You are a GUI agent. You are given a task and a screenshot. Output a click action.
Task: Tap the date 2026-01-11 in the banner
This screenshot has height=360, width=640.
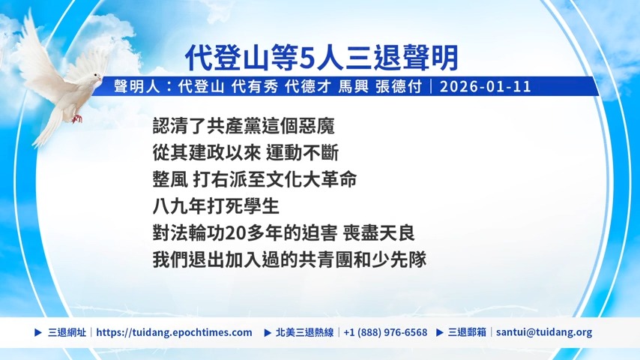click(486, 87)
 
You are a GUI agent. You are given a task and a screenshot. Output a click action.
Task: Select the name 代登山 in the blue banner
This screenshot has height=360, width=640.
click(202, 87)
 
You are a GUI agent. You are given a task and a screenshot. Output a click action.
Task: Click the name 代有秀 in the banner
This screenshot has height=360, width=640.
click(255, 87)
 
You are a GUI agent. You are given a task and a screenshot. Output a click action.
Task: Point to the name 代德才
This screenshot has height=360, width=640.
click(308, 87)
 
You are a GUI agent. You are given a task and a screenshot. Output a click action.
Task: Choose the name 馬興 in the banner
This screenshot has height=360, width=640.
click(354, 87)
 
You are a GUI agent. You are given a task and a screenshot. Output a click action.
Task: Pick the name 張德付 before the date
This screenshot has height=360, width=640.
click(399, 87)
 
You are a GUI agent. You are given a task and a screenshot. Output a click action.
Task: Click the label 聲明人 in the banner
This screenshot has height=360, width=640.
click(137, 87)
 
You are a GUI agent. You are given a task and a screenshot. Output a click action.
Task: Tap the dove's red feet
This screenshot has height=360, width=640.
click(76, 118)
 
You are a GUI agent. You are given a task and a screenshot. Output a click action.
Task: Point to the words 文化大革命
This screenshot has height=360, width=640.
click(312, 179)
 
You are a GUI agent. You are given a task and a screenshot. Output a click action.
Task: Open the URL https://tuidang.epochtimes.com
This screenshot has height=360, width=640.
click(175, 332)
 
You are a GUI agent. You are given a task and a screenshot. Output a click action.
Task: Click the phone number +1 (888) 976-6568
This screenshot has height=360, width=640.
click(385, 332)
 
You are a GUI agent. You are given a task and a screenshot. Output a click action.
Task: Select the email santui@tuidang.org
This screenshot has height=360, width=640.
click(544, 332)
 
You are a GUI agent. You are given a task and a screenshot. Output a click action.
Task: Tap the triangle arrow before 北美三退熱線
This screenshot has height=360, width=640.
click(268, 332)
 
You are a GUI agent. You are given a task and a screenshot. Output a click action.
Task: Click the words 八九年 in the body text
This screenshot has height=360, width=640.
click(179, 206)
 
